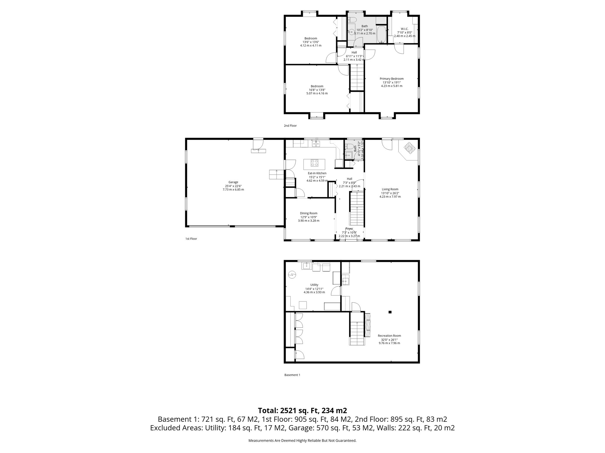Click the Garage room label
coord(233,182)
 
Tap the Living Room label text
coord(390,189)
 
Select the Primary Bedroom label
coord(391,79)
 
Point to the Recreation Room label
coord(389,336)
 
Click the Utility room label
coord(314,285)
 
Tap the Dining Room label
coord(308,213)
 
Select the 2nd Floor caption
coord(290,126)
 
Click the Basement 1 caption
coord(292,375)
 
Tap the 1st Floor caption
coord(191,239)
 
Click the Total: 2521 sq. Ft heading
coord(302,411)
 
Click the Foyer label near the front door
coord(349,229)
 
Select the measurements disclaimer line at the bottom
coord(302,441)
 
